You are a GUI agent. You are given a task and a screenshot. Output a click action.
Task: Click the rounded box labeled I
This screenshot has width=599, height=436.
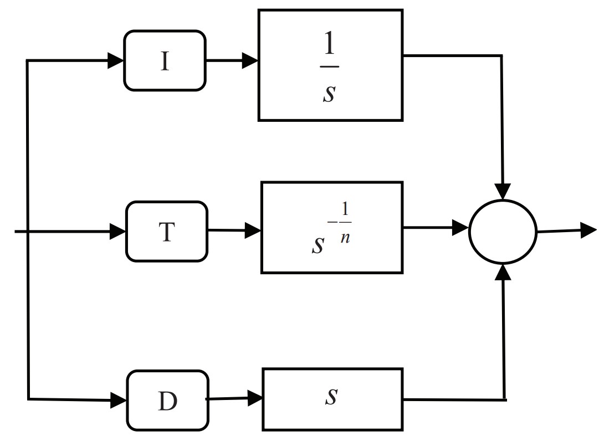pyautogui.click(x=165, y=60)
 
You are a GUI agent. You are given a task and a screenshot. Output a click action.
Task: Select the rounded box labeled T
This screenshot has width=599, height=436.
pyautogui.click(x=167, y=231)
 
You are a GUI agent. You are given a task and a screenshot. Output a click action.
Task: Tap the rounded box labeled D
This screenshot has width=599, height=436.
pyautogui.click(x=168, y=401)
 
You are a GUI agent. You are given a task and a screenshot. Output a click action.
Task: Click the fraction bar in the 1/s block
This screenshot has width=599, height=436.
pyautogui.click(x=330, y=67)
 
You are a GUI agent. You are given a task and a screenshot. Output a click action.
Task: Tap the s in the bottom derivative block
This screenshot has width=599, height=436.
pyautogui.click(x=331, y=397)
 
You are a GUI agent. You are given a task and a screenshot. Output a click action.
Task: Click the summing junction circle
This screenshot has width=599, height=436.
pyautogui.click(x=503, y=232)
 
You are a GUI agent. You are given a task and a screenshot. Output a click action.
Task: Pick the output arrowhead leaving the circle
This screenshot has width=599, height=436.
pyautogui.click(x=588, y=229)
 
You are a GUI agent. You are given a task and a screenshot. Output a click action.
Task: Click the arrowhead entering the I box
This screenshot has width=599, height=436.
pyautogui.click(x=116, y=60)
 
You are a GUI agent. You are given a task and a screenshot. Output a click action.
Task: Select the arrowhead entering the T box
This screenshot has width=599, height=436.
pyautogui.click(x=118, y=231)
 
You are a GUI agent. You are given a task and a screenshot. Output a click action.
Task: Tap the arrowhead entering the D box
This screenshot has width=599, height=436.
pyautogui.click(x=119, y=399)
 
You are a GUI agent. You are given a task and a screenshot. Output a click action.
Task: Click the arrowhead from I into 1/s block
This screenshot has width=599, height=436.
pyautogui.click(x=250, y=60)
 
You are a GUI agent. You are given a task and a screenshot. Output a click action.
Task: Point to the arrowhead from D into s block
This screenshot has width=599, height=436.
pyautogui.click(x=255, y=397)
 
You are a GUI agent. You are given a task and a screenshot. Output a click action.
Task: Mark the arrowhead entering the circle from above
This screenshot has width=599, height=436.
pyautogui.click(x=503, y=192)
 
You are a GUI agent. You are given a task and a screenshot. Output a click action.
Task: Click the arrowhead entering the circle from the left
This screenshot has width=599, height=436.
pyautogui.click(x=460, y=227)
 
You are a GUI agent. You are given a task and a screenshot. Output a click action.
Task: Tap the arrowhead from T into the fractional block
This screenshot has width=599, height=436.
pyautogui.click(x=253, y=230)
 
